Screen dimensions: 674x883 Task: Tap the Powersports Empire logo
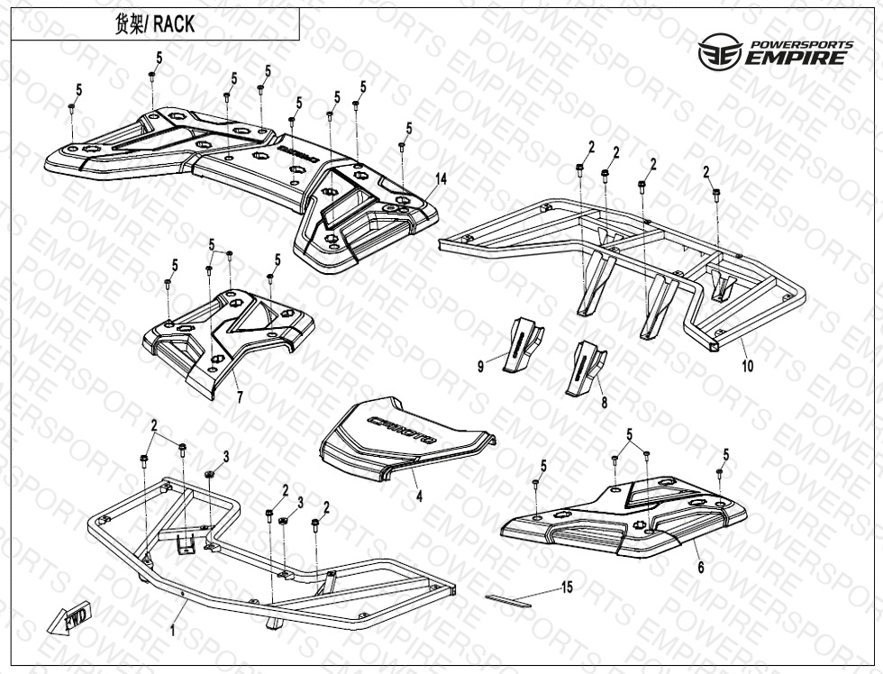click(775, 54)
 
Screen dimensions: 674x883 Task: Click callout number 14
click(440, 180)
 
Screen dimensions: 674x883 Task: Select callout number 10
click(748, 366)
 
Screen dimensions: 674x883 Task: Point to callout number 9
click(481, 366)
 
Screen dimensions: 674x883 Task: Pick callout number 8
click(602, 405)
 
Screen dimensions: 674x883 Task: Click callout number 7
click(240, 396)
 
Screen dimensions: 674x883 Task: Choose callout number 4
click(418, 495)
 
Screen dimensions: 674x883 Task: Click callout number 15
click(567, 587)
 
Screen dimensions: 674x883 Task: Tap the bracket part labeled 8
click(584, 367)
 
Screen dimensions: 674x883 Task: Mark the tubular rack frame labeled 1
click(270, 577)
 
